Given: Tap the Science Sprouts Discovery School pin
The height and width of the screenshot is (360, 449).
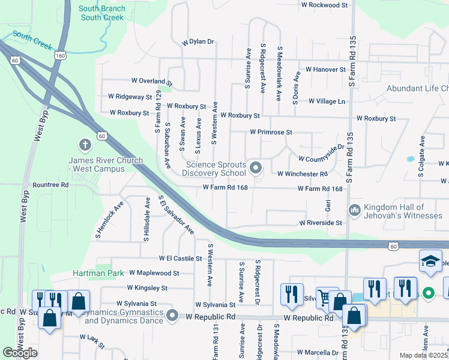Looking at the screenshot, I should point(256,168).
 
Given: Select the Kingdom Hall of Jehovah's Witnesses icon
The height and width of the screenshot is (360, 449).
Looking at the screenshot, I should point(354,210).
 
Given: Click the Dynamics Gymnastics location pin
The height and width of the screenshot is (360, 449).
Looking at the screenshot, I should point(173,315).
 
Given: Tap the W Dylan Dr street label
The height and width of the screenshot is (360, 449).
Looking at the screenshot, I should point(197,42).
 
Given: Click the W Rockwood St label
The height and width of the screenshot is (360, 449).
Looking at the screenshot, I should point(324,5).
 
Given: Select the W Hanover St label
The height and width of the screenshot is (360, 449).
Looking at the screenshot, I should point(325,70).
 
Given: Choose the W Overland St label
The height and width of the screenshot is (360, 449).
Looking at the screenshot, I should point(151,80).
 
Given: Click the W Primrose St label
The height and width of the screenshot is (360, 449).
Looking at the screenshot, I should point(271,132).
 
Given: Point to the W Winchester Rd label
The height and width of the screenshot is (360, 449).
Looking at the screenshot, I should point(302,174).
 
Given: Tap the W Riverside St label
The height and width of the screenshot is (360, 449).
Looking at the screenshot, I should point(321,223).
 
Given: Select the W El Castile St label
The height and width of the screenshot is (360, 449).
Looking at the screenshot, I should point(180,258).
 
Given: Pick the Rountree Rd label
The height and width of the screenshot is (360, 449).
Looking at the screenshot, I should point(51,185).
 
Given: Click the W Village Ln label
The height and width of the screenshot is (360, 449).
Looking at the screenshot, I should point(327,101).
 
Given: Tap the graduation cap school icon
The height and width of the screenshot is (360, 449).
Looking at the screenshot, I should point(430,262).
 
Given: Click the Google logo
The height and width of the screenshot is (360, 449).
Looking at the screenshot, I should point(20,353).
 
